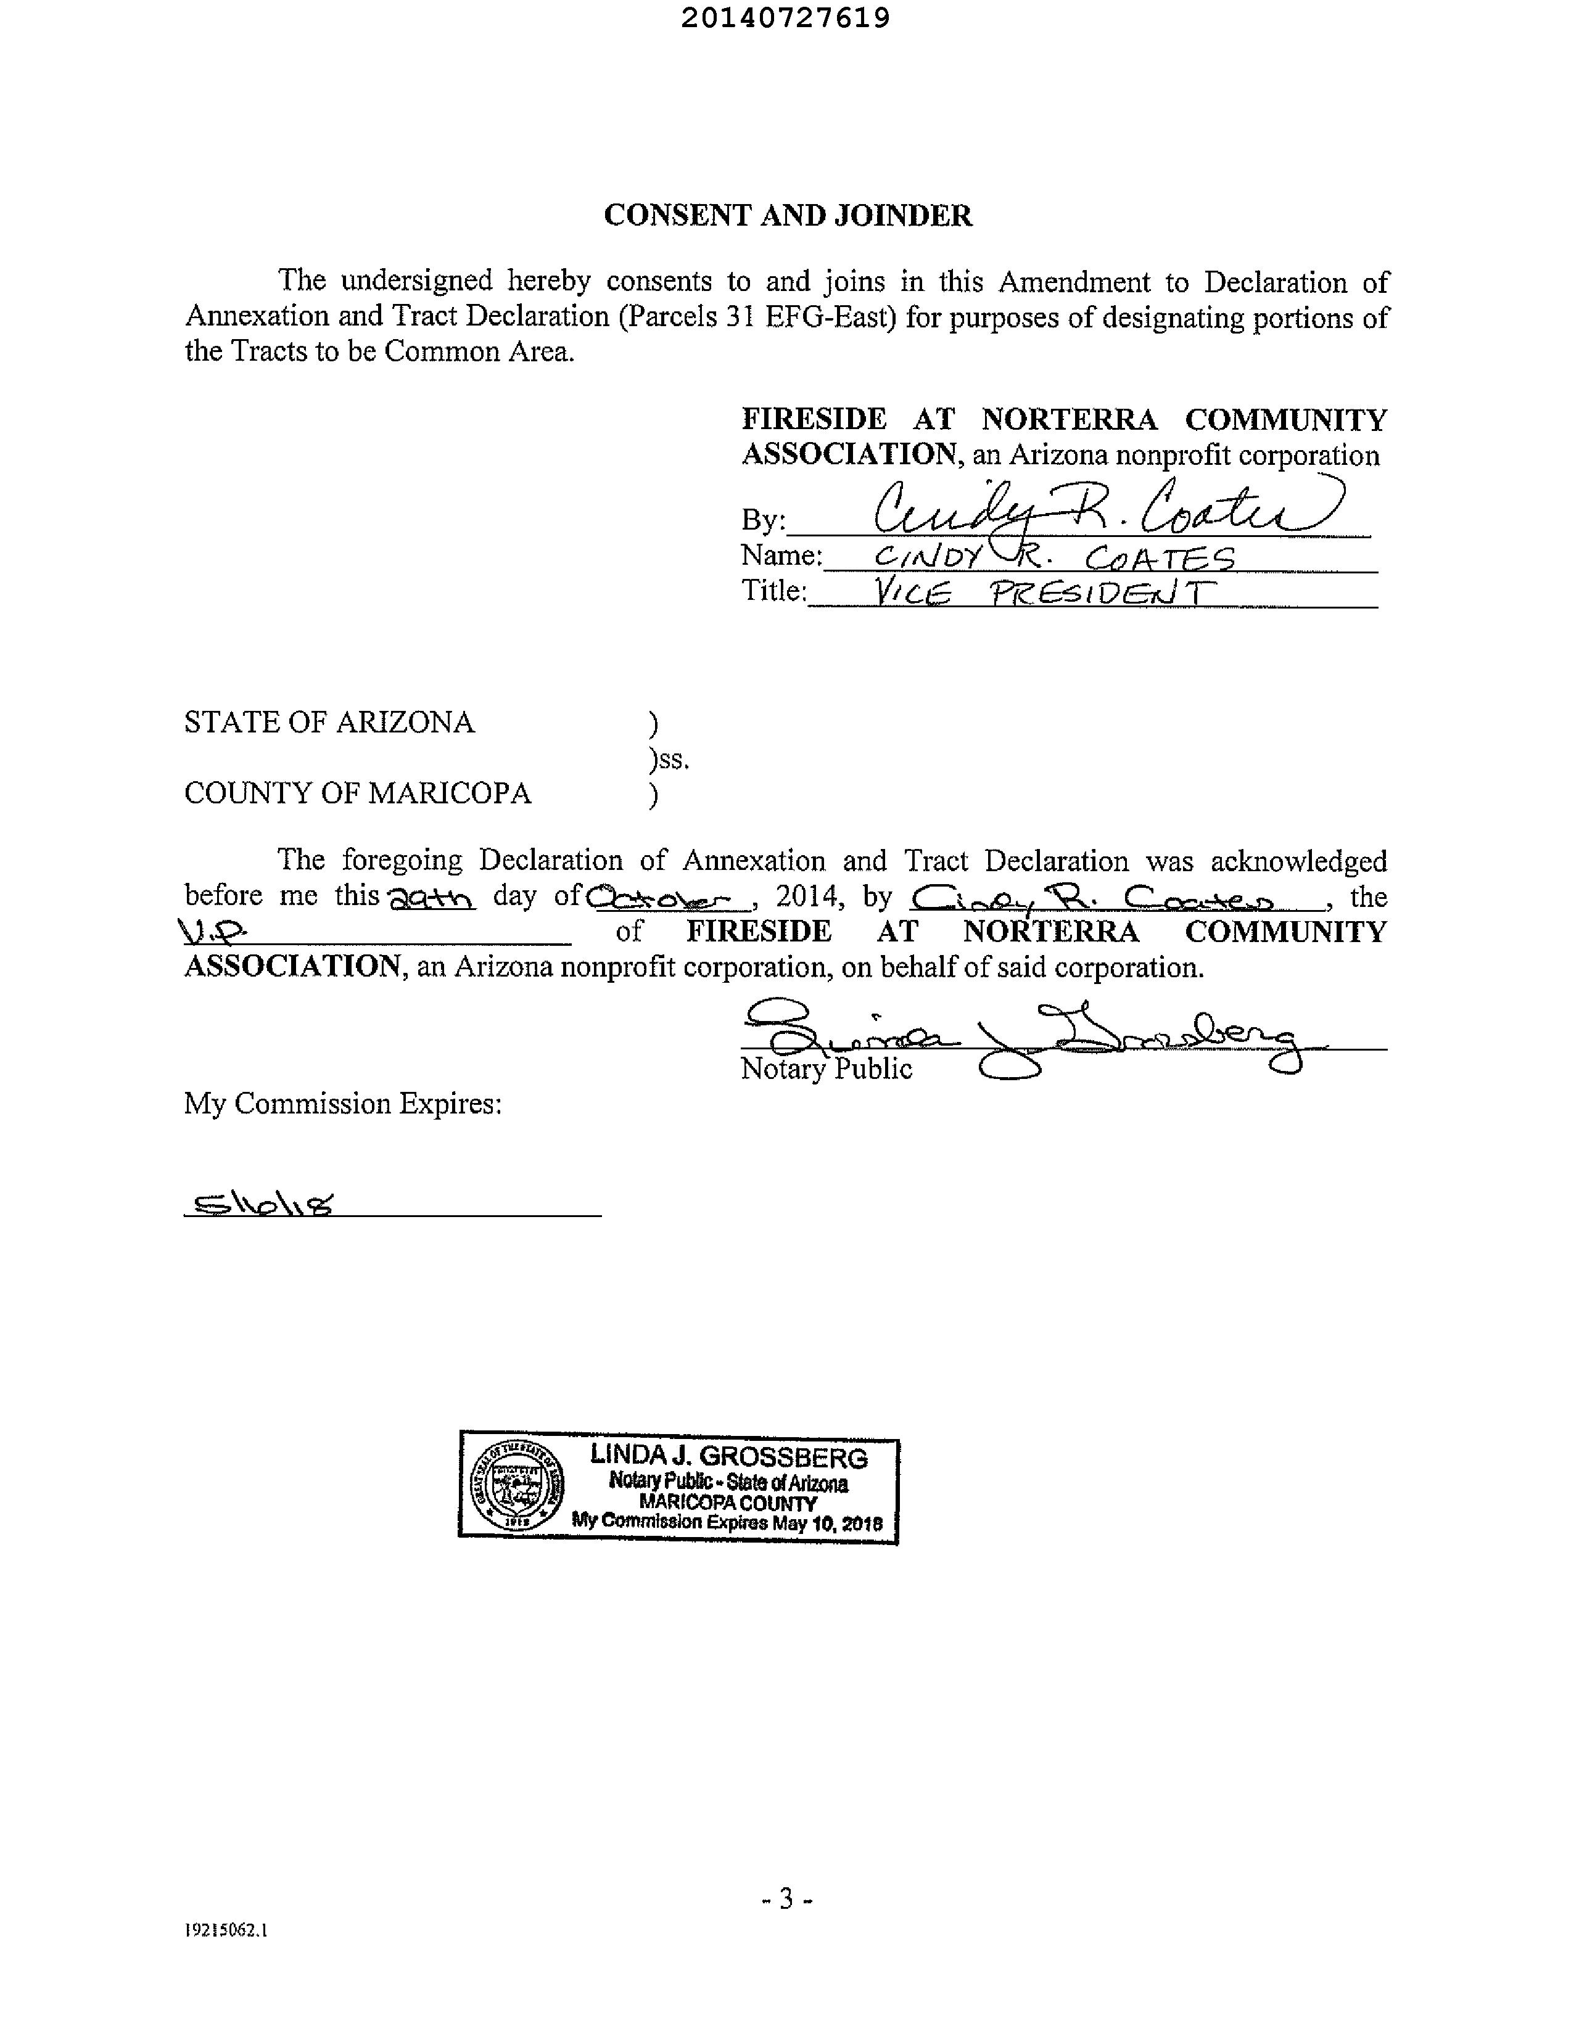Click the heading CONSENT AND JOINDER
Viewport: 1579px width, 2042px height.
[x=788, y=216]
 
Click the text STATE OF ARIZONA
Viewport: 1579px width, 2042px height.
[x=329, y=722]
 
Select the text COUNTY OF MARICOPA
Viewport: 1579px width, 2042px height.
[x=357, y=793]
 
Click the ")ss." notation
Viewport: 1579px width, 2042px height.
[x=669, y=759]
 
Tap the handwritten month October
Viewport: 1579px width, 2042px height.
[x=668, y=898]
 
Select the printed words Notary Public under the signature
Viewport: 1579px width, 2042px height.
[x=825, y=1068]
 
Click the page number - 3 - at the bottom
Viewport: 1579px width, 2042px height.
[x=786, y=1899]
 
